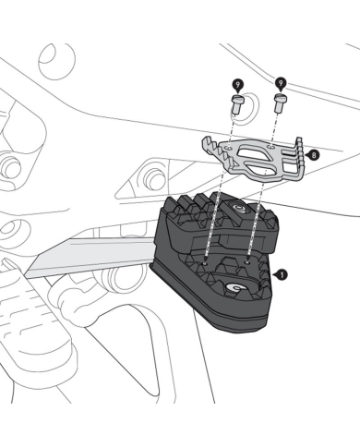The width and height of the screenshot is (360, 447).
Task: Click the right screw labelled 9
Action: coord(279,104)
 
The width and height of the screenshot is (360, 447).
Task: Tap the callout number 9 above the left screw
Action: coord(237,85)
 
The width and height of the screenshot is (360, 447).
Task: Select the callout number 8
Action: coord(314,156)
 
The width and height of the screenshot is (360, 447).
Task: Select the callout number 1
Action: coord(281,274)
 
